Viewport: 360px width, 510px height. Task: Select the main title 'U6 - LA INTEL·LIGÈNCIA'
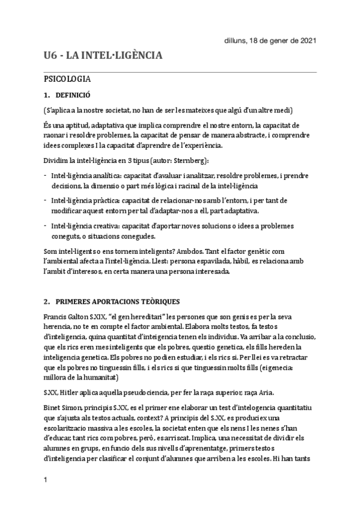pos(103,56)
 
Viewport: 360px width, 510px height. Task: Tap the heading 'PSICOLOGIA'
pos(67,79)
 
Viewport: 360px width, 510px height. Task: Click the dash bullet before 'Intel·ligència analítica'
pos(46,175)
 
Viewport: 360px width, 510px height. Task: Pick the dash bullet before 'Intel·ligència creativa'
pos(46,226)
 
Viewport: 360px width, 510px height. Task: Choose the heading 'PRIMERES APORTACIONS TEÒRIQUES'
pos(117,301)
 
